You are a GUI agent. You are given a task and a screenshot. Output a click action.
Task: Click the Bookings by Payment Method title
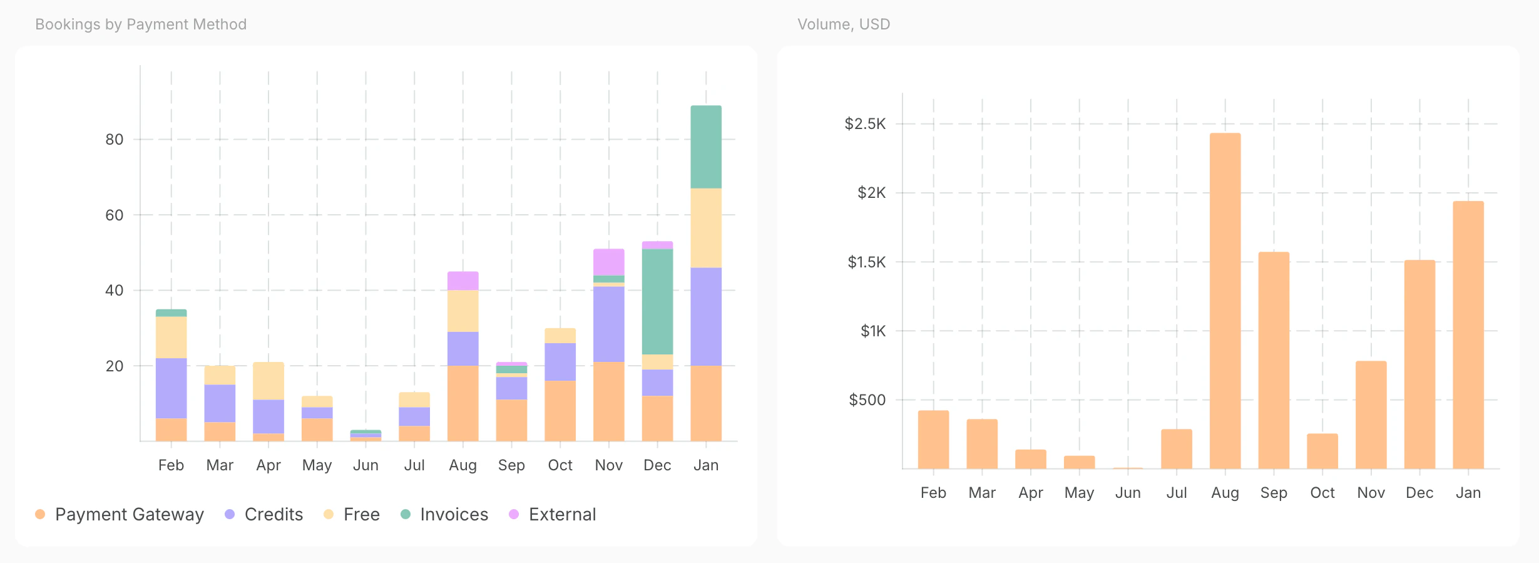(141, 24)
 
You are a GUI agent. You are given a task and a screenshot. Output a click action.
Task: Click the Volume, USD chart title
(844, 24)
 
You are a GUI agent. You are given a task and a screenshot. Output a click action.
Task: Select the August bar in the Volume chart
(1225, 301)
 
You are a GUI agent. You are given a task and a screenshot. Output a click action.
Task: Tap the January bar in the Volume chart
(1468, 334)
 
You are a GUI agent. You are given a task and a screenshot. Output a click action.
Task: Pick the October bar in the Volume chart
(1322, 451)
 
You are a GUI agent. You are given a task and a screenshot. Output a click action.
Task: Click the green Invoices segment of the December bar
(657, 302)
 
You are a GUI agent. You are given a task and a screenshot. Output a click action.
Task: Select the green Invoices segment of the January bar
(706, 147)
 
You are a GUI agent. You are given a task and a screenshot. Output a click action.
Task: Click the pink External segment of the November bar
(609, 262)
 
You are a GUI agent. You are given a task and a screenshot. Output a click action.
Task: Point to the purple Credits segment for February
(171, 388)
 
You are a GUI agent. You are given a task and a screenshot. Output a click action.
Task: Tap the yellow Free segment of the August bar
(463, 311)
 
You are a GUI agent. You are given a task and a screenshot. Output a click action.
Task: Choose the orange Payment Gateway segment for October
(560, 411)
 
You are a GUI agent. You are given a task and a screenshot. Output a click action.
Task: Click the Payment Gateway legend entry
(120, 514)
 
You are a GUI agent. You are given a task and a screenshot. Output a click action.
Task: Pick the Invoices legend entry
(444, 514)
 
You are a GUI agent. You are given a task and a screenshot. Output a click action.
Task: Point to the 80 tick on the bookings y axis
(115, 139)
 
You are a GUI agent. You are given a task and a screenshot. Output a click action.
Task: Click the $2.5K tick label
(866, 123)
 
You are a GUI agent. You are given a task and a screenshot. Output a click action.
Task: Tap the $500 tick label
(867, 400)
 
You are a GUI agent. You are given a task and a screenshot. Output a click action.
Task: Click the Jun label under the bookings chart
(366, 465)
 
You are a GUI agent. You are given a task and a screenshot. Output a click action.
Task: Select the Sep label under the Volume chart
(1274, 493)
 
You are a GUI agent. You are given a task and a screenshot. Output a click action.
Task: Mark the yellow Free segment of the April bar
(268, 381)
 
